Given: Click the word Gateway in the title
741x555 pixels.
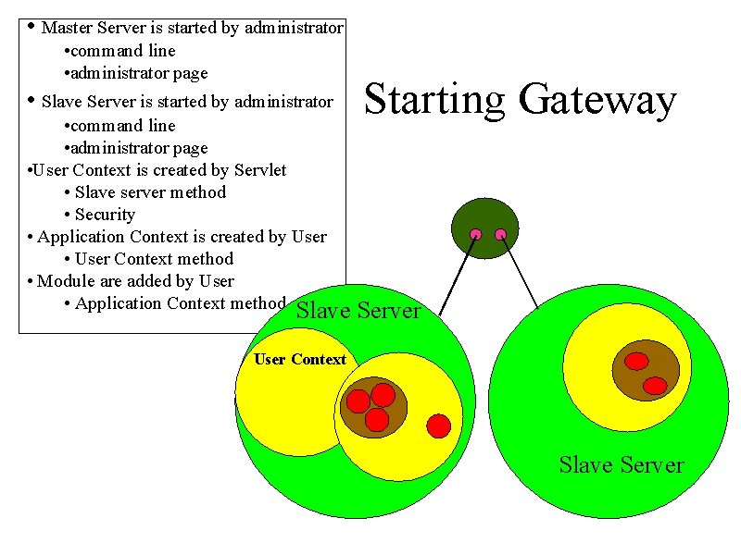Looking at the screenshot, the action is click(597, 100).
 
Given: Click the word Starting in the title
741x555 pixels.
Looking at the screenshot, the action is click(434, 100).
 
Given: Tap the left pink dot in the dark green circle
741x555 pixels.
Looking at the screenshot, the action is click(475, 235).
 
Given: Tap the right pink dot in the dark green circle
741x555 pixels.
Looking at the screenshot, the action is click(500, 235).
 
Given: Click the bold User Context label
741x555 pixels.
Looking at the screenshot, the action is click(300, 360).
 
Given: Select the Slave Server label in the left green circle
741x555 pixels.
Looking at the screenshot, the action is click(358, 311).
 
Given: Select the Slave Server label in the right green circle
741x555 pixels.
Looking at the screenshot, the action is click(622, 465).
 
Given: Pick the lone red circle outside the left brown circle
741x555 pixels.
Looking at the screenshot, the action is click(438, 426).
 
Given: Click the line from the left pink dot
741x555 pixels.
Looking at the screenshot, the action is click(457, 275).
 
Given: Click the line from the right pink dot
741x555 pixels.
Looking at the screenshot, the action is click(520, 272).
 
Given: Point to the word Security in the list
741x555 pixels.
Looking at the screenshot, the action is click(105, 215).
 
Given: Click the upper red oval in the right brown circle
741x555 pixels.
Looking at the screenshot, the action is click(636, 362).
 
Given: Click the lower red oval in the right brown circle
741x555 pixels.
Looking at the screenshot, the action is click(655, 386).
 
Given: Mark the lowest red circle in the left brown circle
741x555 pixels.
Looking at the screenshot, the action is click(377, 420).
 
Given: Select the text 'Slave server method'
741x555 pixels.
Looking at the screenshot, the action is click(150, 192).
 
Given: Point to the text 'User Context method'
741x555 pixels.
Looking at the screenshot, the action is click(154, 259).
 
